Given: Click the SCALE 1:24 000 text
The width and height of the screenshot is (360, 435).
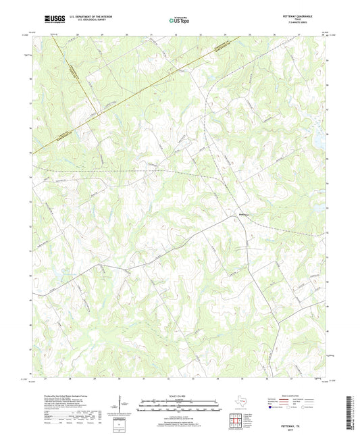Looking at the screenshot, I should (x=180, y=396).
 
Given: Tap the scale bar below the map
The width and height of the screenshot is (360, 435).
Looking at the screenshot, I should (x=180, y=407).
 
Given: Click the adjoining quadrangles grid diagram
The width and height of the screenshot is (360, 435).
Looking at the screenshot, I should (x=236, y=419).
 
